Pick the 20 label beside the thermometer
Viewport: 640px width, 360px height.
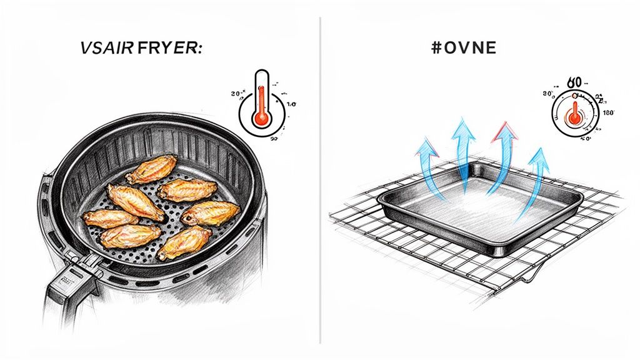click(237, 94)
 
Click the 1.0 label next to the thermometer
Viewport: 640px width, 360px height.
click(291, 105)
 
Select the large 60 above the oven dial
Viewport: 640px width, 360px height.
click(574, 82)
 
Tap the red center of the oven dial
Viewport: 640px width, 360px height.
click(573, 115)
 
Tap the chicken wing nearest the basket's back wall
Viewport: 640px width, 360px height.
click(152, 169)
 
